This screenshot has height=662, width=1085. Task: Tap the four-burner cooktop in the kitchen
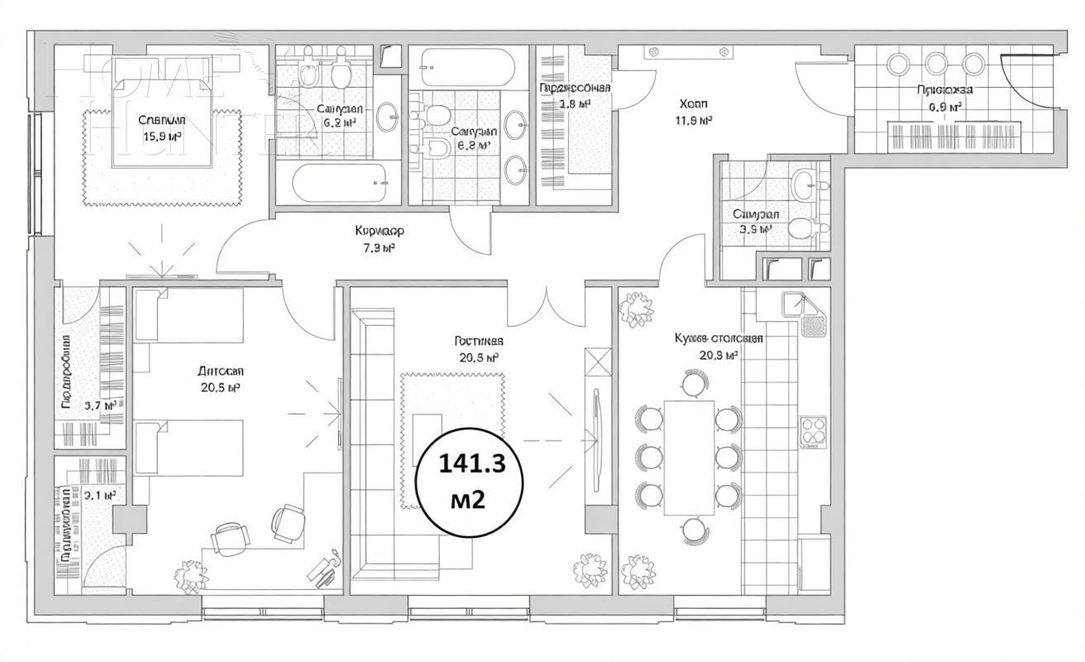point(813,430)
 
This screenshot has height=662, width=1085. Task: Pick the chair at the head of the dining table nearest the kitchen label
point(693,383)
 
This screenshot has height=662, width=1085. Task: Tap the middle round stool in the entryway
point(935,64)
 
